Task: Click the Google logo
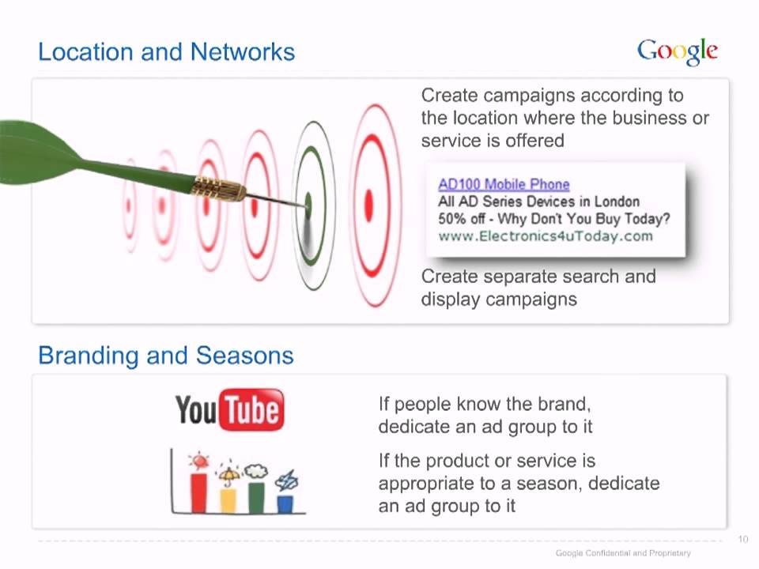[678, 51]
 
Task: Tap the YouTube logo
[230, 409]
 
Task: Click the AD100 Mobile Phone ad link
[504, 184]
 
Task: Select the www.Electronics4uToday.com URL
[546, 236]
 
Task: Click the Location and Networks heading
[167, 52]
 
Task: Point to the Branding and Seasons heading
[166, 356]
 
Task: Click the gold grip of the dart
[220, 188]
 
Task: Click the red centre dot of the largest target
[369, 205]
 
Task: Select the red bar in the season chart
[199, 492]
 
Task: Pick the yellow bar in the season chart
[228, 500]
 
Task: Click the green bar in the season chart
[256, 497]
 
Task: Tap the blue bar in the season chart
[285, 503]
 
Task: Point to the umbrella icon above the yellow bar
[228, 475]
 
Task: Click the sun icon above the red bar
[199, 461]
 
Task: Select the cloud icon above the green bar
[256, 471]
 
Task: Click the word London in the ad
[617, 202]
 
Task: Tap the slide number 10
[743, 539]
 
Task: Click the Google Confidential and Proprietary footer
[623, 552]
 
